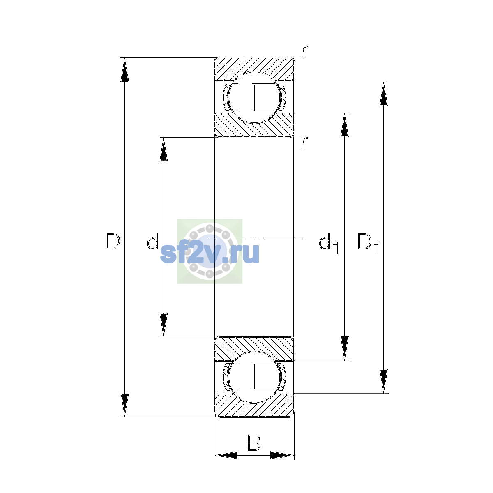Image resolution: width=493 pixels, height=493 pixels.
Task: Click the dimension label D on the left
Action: point(113,241)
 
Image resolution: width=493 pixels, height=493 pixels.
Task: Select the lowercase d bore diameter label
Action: point(152,241)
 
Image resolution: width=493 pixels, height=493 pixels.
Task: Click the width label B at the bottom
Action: point(254,442)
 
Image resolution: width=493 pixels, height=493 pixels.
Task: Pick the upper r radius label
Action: point(304,51)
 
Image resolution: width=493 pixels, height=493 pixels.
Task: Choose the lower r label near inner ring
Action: point(304,143)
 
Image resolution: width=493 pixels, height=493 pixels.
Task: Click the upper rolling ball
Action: point(254,97)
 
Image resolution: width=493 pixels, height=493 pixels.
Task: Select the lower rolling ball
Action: point(254,377)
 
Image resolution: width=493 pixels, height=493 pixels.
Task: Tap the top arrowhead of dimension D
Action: point(124,69)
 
